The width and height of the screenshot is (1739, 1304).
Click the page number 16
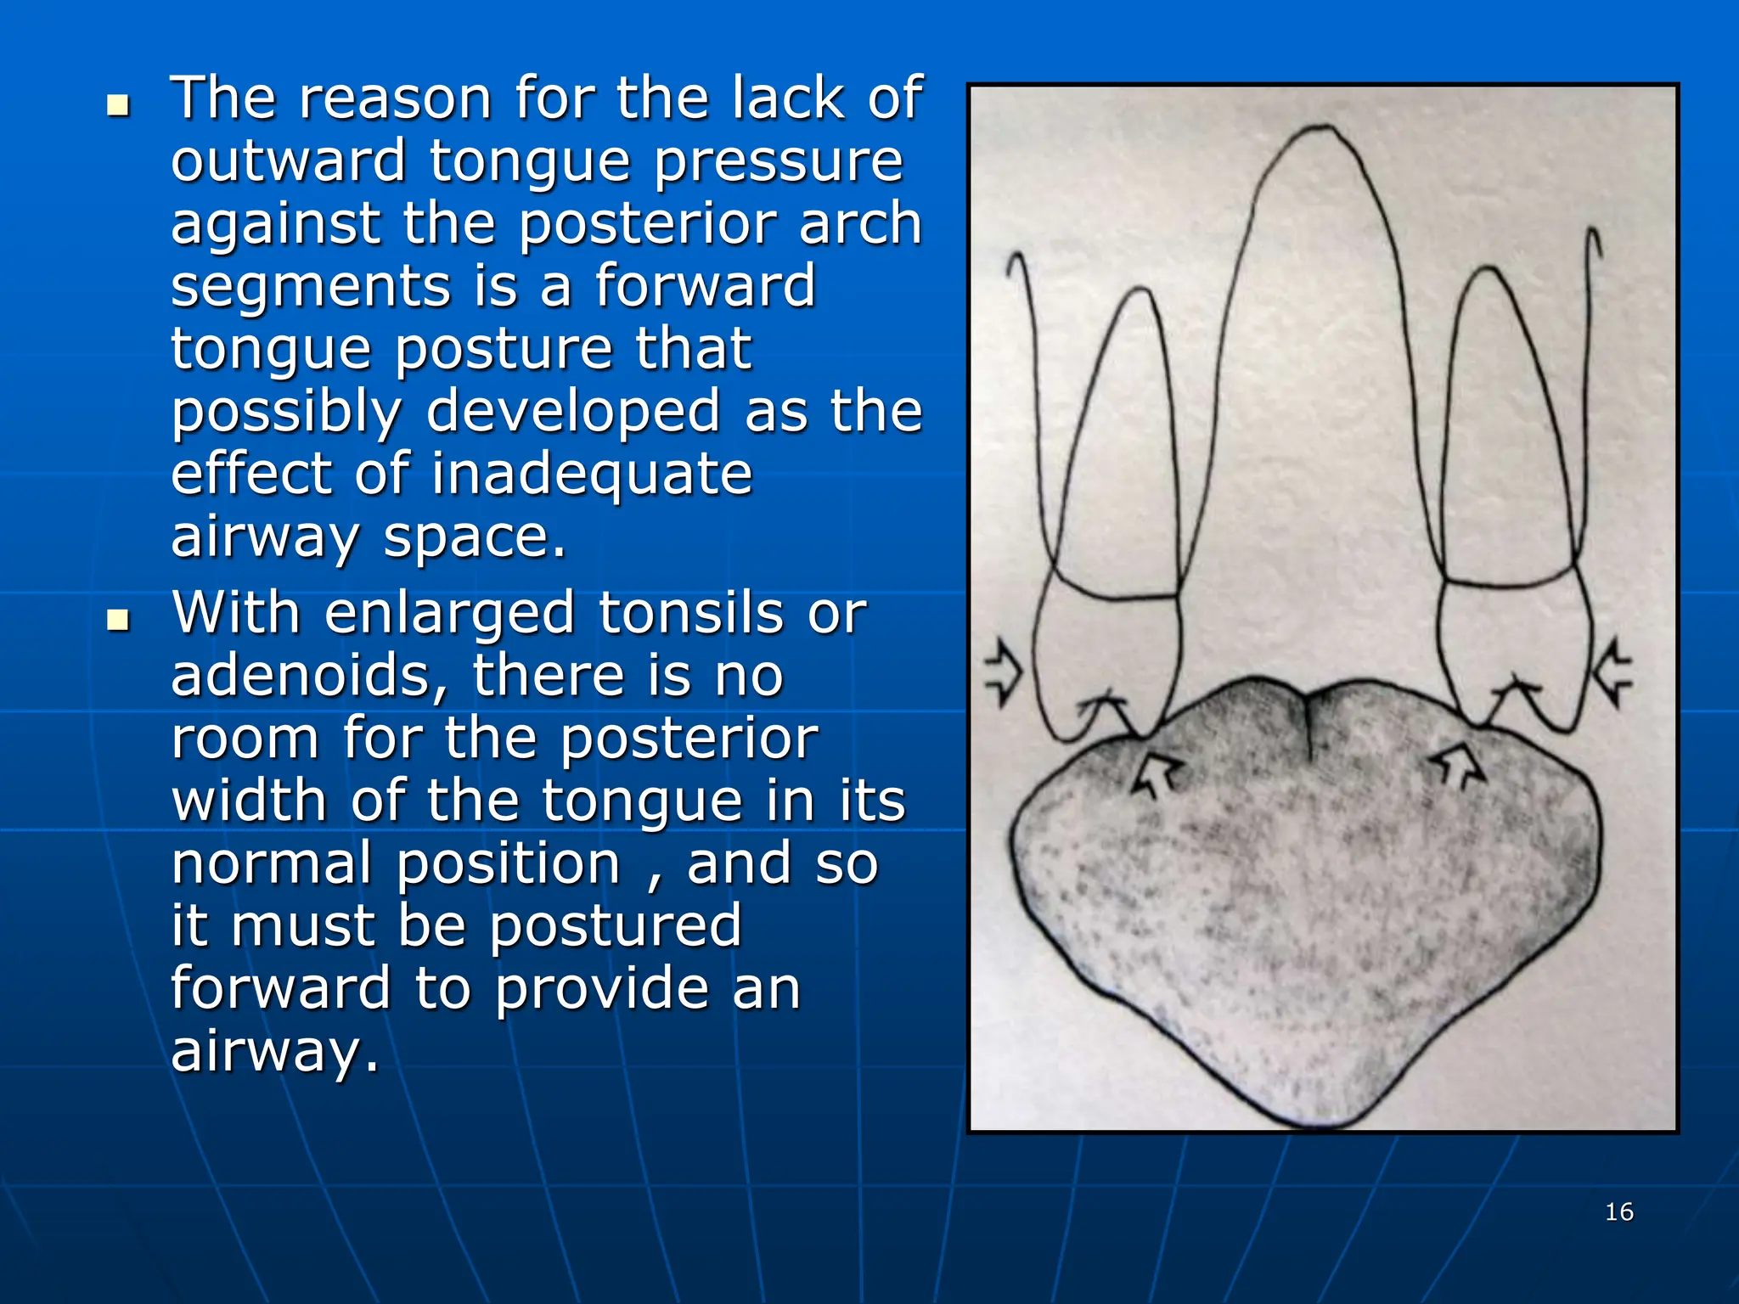coord(1618,1211)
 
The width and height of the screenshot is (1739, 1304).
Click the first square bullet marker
coord(118,106)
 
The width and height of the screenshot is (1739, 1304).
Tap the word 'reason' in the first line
coord(395,98)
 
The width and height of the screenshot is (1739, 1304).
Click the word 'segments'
coord(311,286)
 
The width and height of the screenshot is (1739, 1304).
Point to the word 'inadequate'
coord(592,474)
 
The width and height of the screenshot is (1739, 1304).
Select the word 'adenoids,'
coord(309,676)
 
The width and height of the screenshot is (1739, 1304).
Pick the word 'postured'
coord(616,925)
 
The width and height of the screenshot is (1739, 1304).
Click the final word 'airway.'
coord(274,1051)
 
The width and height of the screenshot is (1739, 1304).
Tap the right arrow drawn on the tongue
coord(1460,764)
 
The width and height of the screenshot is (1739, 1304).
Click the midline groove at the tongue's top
coord(1308,722)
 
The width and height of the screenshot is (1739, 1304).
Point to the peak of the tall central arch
coord(1321,129)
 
